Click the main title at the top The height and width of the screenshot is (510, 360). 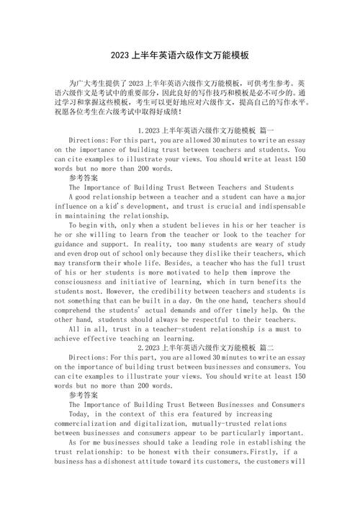coord(179,55)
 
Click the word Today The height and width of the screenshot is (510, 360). coord(85,414)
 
